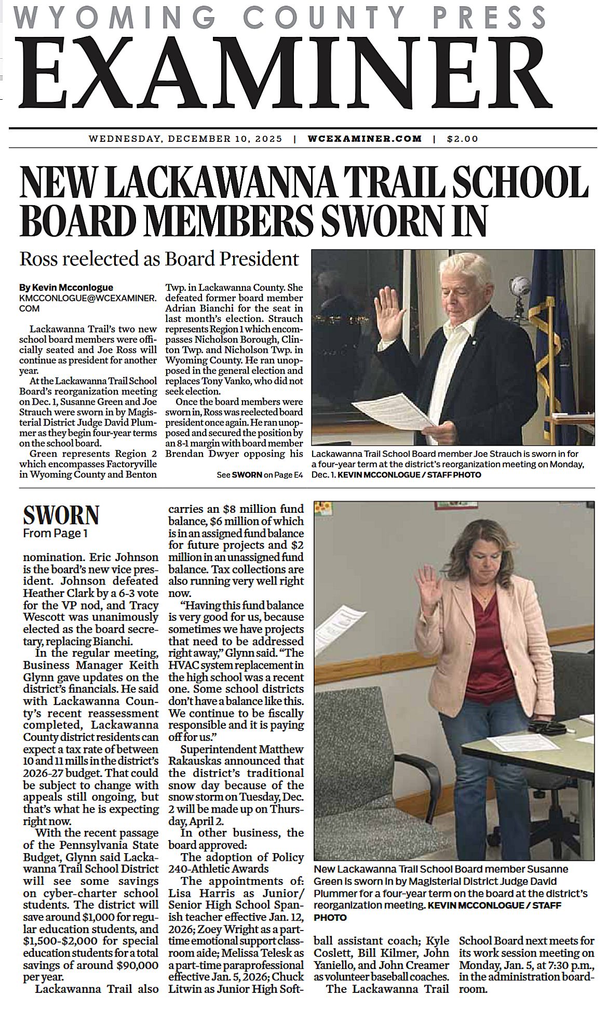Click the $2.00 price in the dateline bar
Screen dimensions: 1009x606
click(462, 139)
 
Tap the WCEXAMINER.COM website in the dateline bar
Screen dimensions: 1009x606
click(365, 139)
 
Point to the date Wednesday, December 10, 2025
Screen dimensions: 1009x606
click(185, 139)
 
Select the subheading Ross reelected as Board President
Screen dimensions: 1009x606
click(159, 259)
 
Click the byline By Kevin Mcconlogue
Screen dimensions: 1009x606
click(66, 287)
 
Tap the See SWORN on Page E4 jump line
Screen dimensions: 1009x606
click(260, 475)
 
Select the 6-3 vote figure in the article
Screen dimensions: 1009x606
click(120, 593)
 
